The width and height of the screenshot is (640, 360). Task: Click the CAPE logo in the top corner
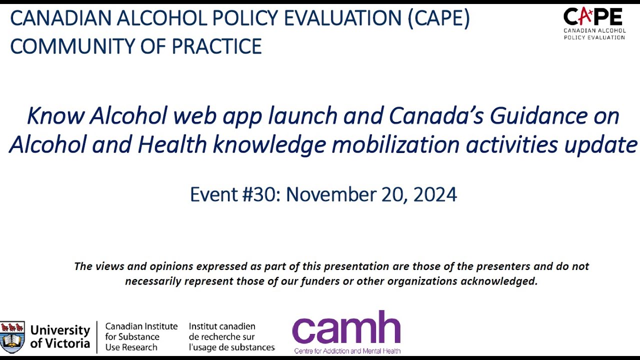[x=594, y=22]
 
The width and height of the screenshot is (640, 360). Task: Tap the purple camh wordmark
[x=346, y=327]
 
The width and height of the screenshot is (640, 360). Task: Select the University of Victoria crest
[x=12, y=337]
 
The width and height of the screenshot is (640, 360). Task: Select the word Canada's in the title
[x=435, y=116]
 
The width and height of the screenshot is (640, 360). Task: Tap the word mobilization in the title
[x=395, y=145]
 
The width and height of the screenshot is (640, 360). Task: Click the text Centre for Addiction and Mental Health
[x=347, y=350]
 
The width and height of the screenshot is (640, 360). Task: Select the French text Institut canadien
[x=222, y=326]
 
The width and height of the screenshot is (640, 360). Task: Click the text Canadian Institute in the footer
[x=141, y=326]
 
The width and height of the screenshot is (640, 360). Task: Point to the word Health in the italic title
[x=172, y=145]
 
